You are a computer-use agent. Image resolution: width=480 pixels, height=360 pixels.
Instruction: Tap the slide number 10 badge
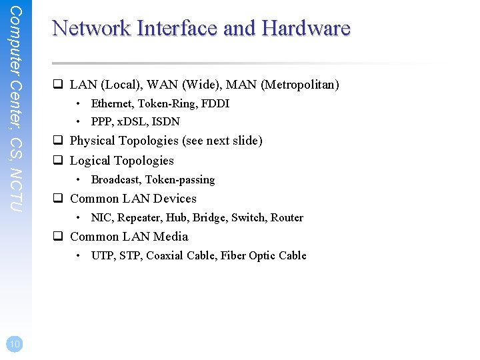[x=15, y=343]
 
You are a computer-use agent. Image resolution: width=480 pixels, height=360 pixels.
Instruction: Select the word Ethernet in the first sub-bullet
[x=111, y=103]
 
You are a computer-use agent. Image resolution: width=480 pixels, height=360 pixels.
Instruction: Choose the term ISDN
[x=166, y=121]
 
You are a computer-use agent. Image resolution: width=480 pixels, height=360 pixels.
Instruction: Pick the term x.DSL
[x=133, y=121]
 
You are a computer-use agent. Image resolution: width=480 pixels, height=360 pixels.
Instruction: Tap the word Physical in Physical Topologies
[x=91, y=141]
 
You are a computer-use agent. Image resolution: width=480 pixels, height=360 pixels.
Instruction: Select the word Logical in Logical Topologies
[x=89, y=161]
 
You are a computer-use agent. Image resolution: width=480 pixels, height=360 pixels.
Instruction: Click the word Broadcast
[x=115, y=179]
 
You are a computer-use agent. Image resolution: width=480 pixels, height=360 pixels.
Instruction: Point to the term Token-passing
[x=180, y=179]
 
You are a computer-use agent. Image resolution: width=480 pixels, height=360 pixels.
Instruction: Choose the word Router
[x=287, y=217]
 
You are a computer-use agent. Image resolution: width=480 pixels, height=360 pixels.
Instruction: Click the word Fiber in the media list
[x=233, y=255]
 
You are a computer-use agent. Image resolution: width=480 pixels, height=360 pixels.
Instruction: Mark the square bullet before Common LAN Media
[x=58, y=237]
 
